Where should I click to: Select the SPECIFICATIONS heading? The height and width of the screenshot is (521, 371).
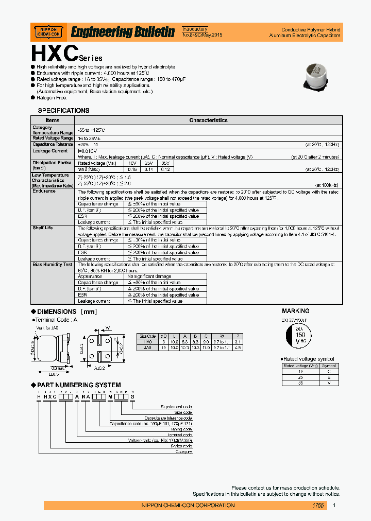click(x=63, y=111)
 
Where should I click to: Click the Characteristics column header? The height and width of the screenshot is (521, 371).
click(x=208, y=120)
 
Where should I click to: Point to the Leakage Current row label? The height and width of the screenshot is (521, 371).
click(x=50, y=151)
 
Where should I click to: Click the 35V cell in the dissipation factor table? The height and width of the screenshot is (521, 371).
click(x=165, y=163)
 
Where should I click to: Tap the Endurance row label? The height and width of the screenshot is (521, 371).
click(x=44, y=191)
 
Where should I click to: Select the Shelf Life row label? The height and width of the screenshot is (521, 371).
click(x=43, y=228)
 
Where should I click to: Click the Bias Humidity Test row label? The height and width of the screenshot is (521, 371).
click(x=52, y=264)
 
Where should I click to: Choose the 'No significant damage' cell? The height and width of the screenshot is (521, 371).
click(x=154, y=276)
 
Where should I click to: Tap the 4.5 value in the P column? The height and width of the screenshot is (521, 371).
click(x=237, y=348)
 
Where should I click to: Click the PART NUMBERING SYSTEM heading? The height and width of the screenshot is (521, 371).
click(x=79, y=385)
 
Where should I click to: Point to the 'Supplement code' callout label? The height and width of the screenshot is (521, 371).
click(x=177, y=407)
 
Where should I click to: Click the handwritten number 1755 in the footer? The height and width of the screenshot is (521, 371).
click(x=318, y=506)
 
